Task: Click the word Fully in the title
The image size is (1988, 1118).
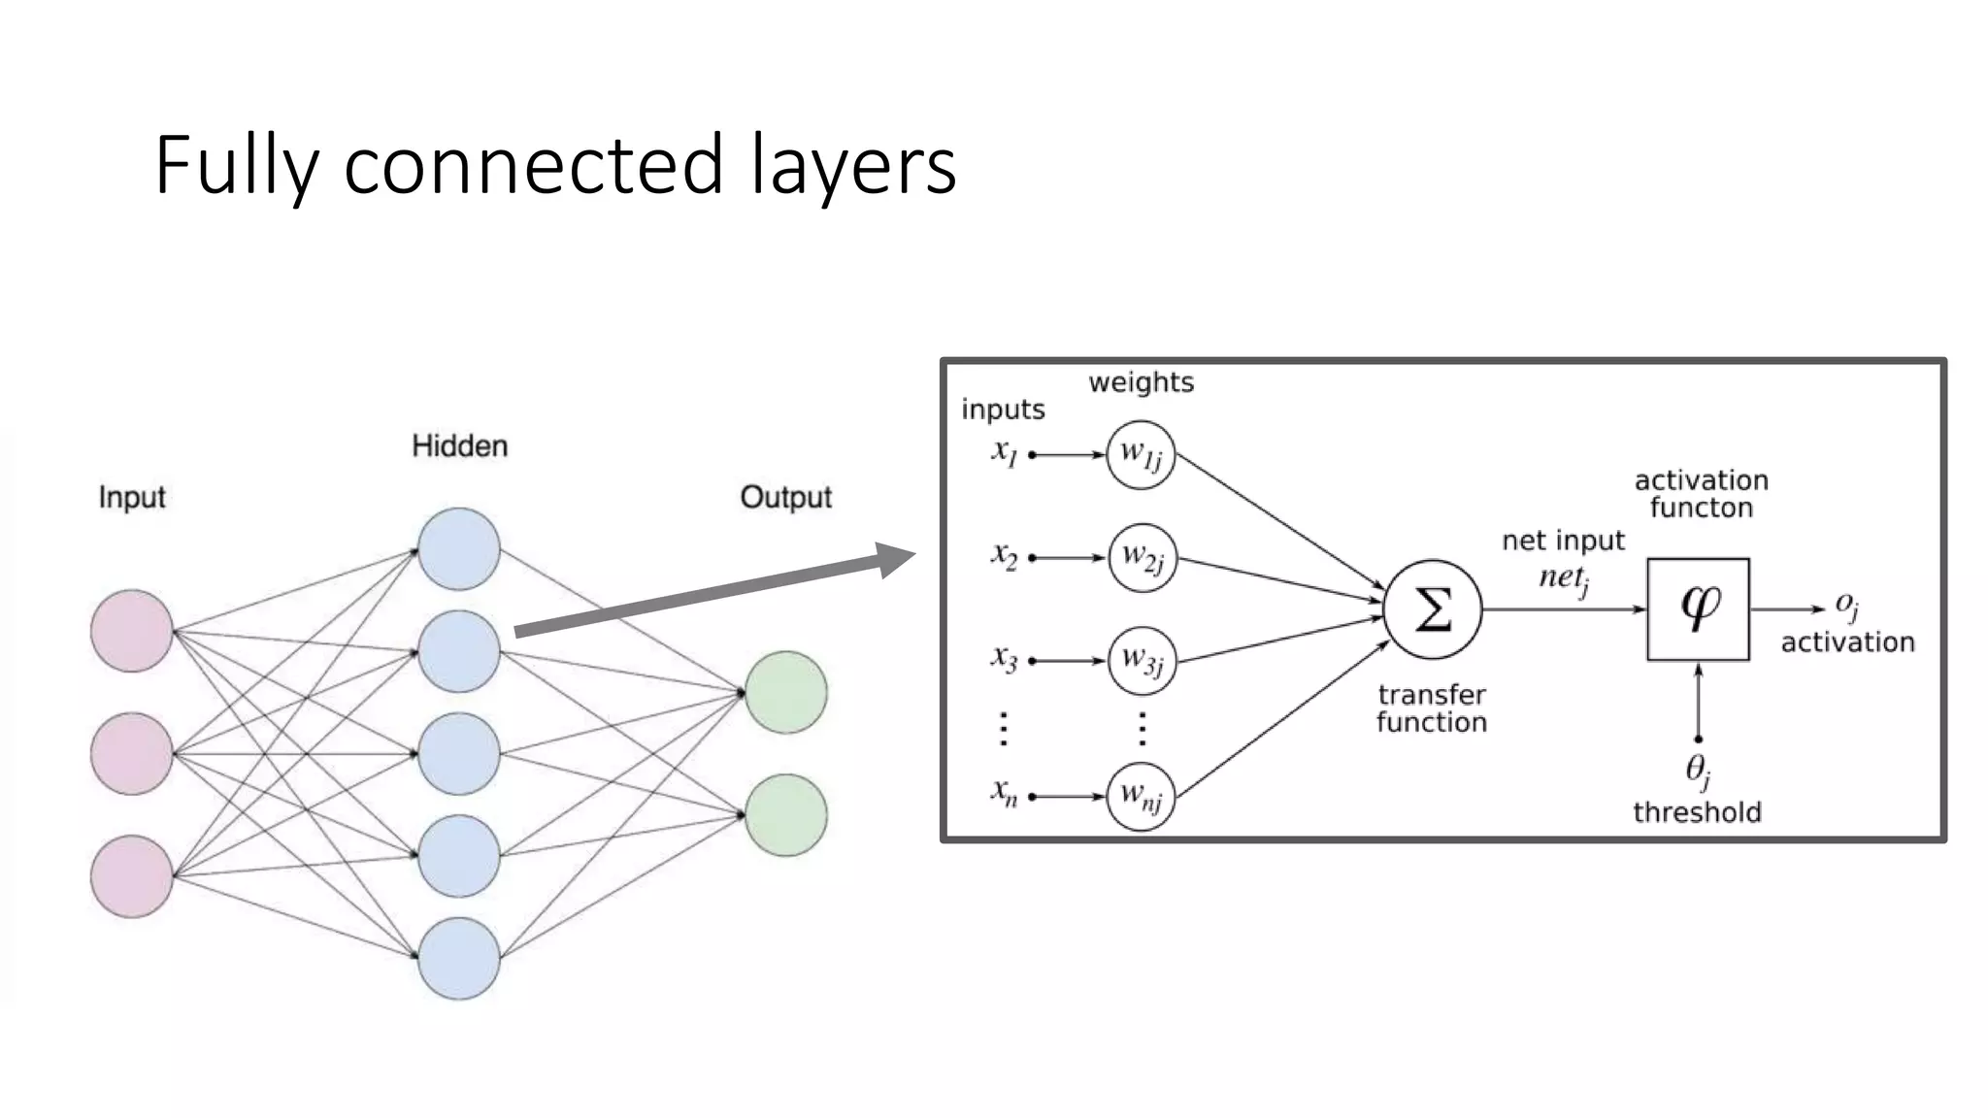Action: point(236,167)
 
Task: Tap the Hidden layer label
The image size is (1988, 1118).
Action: point(459,446)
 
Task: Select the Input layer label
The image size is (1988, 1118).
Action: point(132,497)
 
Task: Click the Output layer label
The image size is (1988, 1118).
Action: point(785,497)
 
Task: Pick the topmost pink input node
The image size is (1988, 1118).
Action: point(132,631)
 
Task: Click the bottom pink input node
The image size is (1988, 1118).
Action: point(132,875)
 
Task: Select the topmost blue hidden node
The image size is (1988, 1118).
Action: point(459,548)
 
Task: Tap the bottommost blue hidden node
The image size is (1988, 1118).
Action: point(459,958)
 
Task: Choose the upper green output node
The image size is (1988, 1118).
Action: point(786,692)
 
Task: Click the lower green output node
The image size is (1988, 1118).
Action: point(786,815)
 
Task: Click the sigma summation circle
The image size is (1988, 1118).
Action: point(1433,609)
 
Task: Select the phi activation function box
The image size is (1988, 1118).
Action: point(1698,608)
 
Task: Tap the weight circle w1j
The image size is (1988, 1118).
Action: point(1141,454)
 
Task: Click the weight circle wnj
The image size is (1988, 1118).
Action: point(1141,797)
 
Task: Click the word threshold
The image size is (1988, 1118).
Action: point(1697,812)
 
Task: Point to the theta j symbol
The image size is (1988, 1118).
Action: point(1697,771)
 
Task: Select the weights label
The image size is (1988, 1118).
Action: point(1141,382)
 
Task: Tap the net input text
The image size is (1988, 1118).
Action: point(1563,541)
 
